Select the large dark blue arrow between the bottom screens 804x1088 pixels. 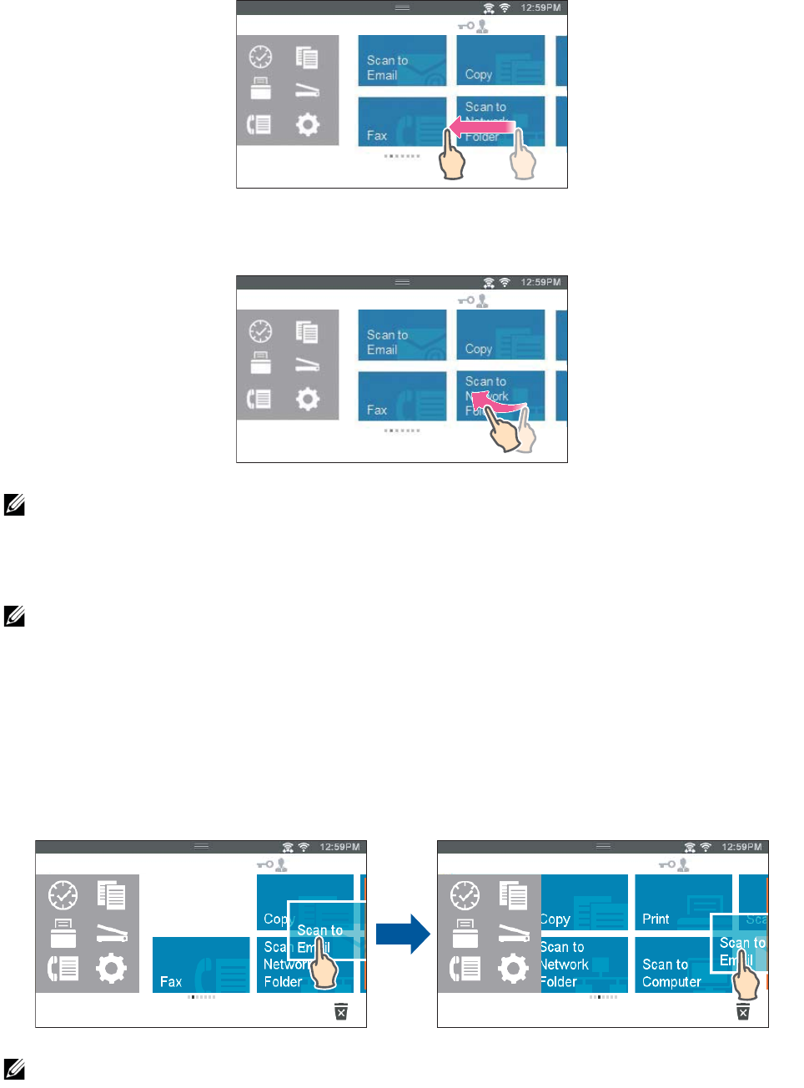coord(402,934)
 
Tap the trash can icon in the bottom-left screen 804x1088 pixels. coord(341,1011)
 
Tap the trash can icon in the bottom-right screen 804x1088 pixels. coord(743,1011)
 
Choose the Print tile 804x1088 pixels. coord(683,902)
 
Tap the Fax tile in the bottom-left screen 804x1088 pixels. coord(200,965)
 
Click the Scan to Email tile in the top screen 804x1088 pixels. coord(402,60)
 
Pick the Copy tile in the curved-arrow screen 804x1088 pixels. coord(500,335)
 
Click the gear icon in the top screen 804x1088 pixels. coord(308,125)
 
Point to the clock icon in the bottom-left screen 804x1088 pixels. coord(63,895)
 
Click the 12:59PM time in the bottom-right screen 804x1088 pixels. coord(741,847)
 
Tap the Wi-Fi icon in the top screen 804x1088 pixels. coord(505,8)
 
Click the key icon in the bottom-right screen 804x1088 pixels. coord(666,864)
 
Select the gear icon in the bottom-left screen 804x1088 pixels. coord(111,969)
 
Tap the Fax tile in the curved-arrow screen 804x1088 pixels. coord(402,395)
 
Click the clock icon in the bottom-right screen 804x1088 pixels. coord(465,895)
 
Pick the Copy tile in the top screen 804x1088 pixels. coord(500,60)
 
